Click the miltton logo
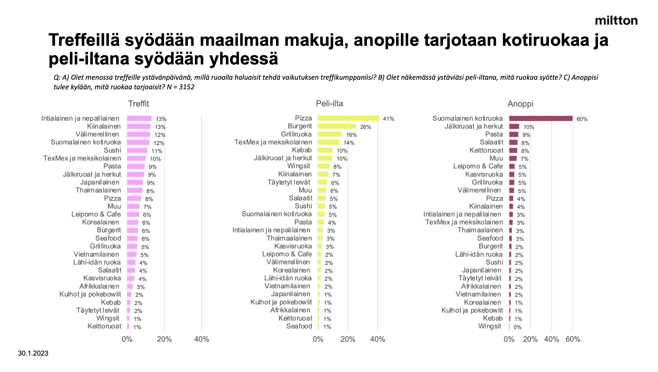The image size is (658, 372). [x=616, y=21]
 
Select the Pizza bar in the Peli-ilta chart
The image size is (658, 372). [x=348, y=118]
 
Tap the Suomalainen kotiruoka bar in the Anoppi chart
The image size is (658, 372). [x=541, y=118]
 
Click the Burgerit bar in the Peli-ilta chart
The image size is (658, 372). [x=337, y=126]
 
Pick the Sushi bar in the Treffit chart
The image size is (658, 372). [x=137, y=150]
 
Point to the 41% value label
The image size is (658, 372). [x=388, y=119]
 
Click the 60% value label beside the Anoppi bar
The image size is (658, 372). [x=582, y=119]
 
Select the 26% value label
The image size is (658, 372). [x=365, y=127]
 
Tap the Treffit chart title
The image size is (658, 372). [x=139, y=104]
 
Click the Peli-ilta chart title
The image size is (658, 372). [x=329, y=103]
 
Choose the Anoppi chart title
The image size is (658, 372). [x=520, y=104]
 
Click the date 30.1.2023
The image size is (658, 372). [x=33, y=353]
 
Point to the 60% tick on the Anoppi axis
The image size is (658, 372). [x=573, y=339]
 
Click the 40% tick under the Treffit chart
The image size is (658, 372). [x=201, y=339]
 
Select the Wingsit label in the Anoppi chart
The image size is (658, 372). [x=489, y=326]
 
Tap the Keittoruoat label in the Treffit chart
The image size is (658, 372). [x=104, y=326]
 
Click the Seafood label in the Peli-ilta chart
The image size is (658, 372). [x=299, y=326]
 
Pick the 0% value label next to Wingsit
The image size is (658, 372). [x=517, y=327]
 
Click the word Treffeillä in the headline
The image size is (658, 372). [x=84, y=40]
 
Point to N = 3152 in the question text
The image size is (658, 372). [x=180, y=87]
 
